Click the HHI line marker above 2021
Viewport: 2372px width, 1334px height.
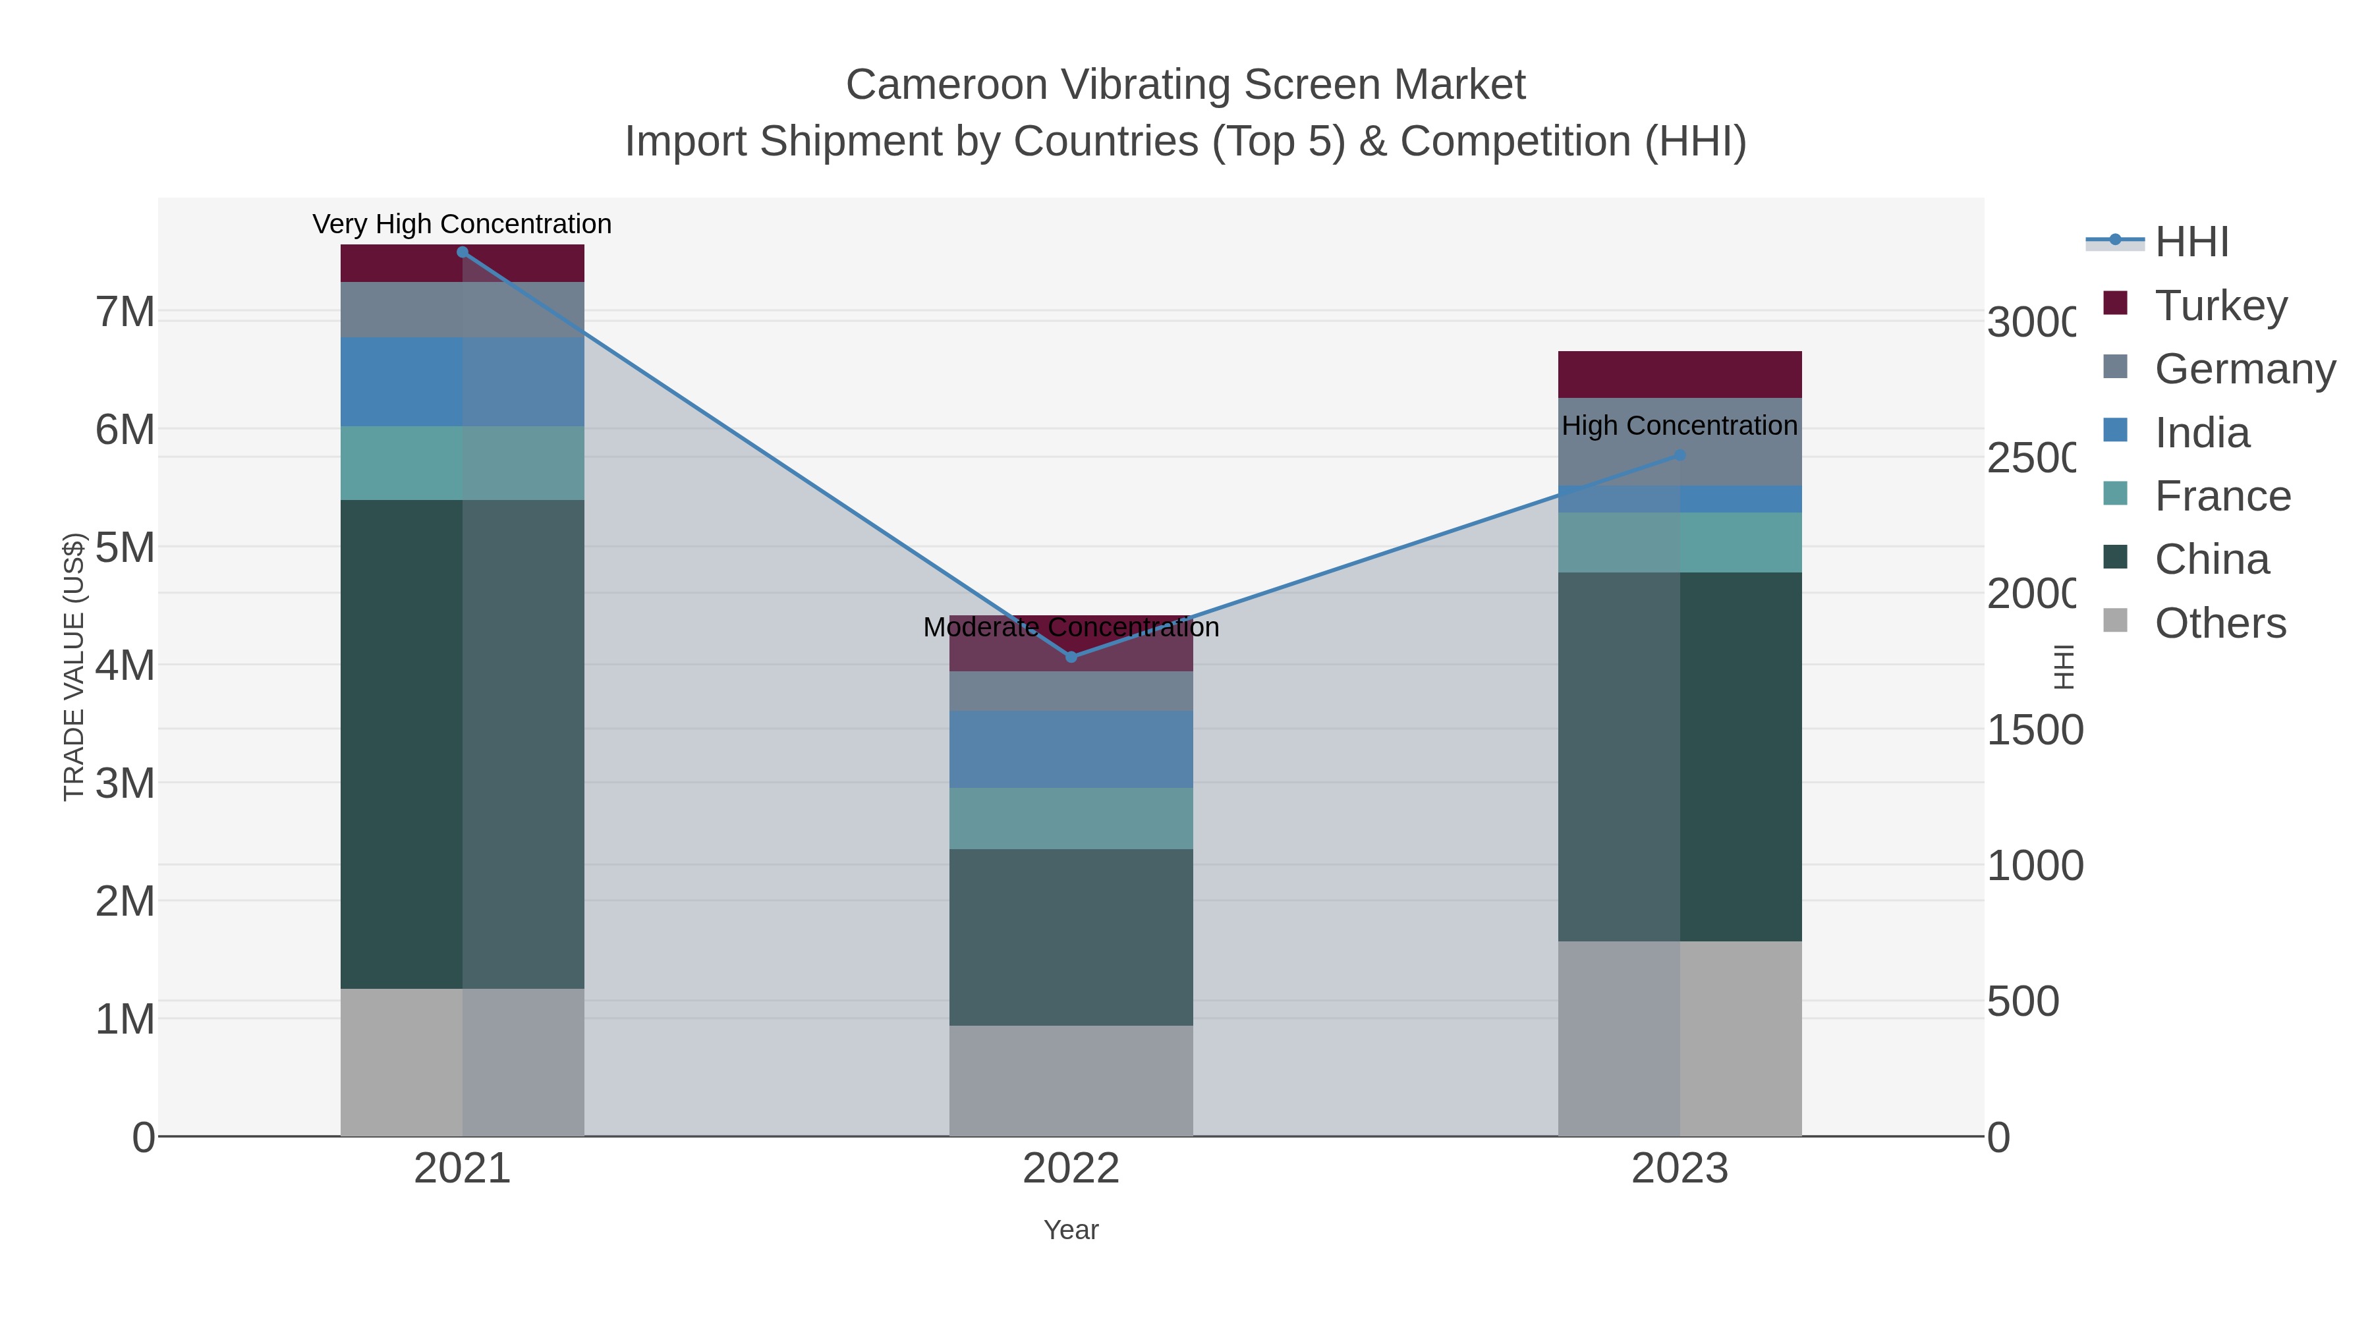tap(463, 252)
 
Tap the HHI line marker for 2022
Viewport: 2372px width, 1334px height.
tap(1071, 656)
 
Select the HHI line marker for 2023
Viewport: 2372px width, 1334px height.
tap(1680, 455)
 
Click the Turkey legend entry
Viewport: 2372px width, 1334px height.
tap(2220, 305)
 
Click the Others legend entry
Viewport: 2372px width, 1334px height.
tap(2220, 623)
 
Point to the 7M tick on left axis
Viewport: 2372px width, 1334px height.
tap(125, 312)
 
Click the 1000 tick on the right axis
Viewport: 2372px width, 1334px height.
tap(2034, 866)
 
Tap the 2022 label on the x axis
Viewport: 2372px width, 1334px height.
tap(1071, 1168)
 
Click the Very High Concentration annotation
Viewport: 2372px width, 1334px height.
tap(463, 224)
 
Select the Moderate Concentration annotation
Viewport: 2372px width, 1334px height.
tap(1071, 627)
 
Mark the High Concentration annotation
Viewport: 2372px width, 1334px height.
tap(1680, 426)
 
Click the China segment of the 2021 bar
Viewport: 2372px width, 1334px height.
tap(463, 744)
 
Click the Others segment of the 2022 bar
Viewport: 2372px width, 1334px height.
tap(1071, 1081)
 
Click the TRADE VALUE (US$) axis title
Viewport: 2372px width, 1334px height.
tap(74, 667)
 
